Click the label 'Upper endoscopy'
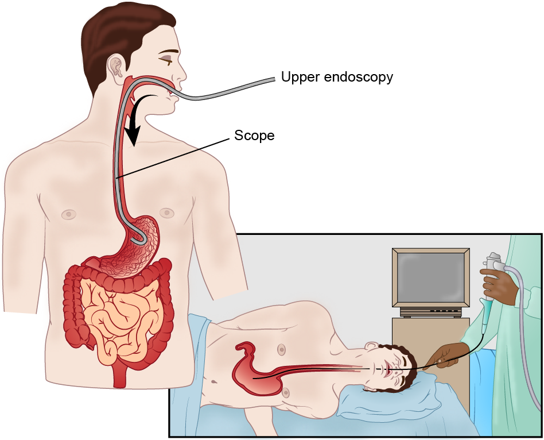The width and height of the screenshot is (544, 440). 337,77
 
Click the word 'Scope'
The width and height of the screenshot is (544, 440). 254,136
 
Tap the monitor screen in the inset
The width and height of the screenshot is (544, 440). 431,278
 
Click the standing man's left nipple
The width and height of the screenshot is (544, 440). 166,213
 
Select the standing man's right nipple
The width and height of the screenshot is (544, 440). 69,214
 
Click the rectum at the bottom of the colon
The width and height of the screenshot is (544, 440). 119,376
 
